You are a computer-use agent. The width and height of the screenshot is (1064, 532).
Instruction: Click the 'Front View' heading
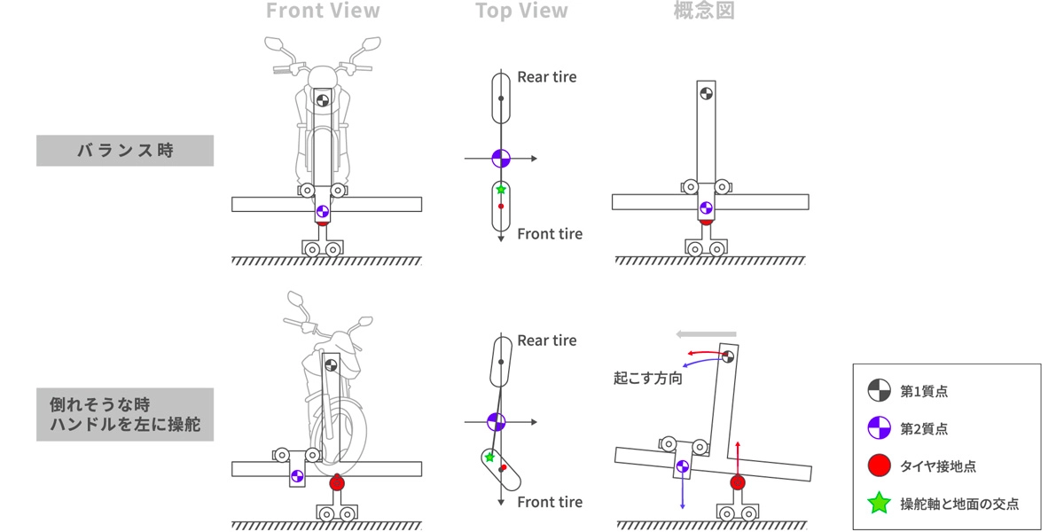(x=323, y=12)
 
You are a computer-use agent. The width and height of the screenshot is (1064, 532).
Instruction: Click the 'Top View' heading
(x=521, y=12)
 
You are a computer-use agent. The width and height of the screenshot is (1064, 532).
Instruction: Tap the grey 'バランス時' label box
(x=125, y=151)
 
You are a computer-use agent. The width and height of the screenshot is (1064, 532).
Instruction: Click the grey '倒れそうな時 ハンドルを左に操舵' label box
(x=125, y=414)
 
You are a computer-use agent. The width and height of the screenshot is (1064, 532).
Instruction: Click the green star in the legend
(x=879, y=504)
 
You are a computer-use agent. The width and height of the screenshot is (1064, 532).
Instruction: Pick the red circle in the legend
(x=879, y=465)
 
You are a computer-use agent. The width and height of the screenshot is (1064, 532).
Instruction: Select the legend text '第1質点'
(x=924, y=390)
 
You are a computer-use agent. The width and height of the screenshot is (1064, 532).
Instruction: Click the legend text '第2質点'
(x=924, y=428)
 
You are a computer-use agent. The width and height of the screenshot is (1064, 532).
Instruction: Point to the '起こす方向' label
(x=648, y=378)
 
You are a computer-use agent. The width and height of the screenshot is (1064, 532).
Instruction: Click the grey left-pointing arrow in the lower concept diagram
(x=706, y=334)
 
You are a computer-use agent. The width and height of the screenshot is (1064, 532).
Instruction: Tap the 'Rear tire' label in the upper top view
(x=546, y=77)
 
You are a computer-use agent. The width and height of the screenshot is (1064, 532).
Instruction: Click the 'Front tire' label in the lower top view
(x=550, y=502)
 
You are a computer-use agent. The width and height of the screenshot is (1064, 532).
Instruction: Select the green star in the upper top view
(x=501, y=190)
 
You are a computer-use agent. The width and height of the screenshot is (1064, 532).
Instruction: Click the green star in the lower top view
(x=489, y=458)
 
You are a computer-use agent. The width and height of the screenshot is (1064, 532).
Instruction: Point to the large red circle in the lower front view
(x=336, y=483)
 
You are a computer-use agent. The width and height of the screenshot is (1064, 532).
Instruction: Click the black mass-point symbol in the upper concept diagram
(x=706, y=92)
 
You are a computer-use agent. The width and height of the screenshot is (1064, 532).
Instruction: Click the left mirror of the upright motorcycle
(x=274, y=43)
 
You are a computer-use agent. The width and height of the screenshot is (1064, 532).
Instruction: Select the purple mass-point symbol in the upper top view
(x=501, y=159)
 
